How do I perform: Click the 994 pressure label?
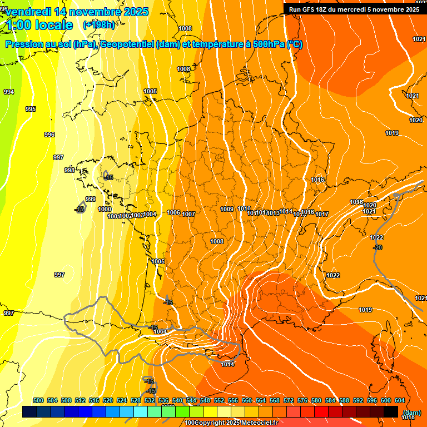[8, 92]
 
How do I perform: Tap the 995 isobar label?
[31, 109]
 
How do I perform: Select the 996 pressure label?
[49, 135]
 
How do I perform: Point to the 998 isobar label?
[69, 170]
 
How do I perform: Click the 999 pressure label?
[90, 199]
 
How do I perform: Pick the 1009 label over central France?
[227, 209]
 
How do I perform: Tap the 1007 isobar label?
[188, 214]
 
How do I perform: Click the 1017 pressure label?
[322, 214]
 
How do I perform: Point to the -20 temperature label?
[378, 247]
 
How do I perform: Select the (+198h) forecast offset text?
[98, 24]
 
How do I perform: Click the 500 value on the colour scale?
[38, 400]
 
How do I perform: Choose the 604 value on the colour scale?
[399, 400]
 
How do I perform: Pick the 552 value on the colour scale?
[219, 400]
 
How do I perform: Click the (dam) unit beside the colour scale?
[411, 413]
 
